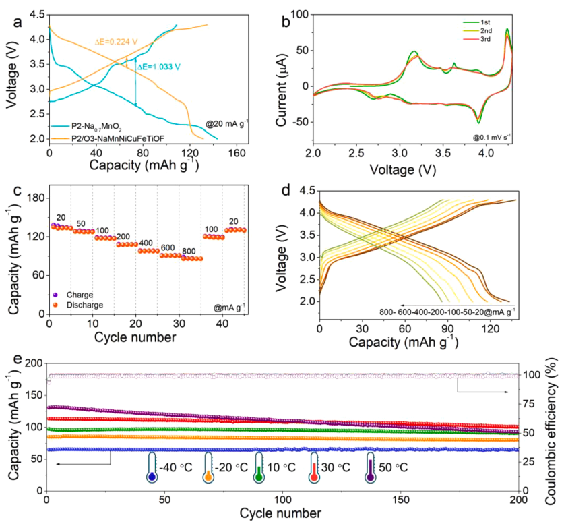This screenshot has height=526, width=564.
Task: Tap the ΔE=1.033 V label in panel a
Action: pyautogui.click(x=160, y=67)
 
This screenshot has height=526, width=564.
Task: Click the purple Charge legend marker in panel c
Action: pyautogui.click(x=55, y=295)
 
